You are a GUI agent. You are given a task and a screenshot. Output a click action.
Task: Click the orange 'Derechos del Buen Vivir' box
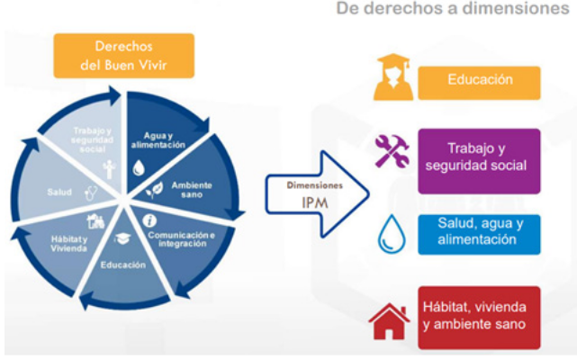click(x=124, y=55)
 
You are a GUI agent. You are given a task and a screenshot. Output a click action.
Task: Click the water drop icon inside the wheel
click(x=138, y=167)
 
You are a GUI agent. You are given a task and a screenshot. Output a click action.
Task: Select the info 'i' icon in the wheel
click(x=150, y=220)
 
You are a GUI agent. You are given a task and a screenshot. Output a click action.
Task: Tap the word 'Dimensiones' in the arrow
click(x=313, y=185)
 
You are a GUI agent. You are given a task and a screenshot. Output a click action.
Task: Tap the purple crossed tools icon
click(x=392, y=152)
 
